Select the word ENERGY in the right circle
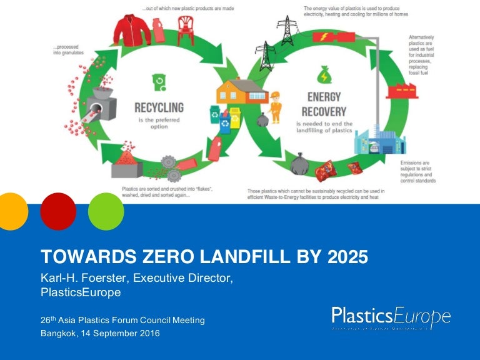(x=324, y=97)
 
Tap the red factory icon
(x=399, y=90)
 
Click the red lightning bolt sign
(x=326, y=37)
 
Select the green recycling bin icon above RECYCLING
(x=158, y=81)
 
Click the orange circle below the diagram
(x=12, y=211)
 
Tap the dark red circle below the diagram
(x=58, y=211)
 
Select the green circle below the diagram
(x=106, y=211)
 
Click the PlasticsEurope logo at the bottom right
(x=391, y=317)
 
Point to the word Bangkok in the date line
(x=59, y=333)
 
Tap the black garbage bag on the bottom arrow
(x=300, y=164)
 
